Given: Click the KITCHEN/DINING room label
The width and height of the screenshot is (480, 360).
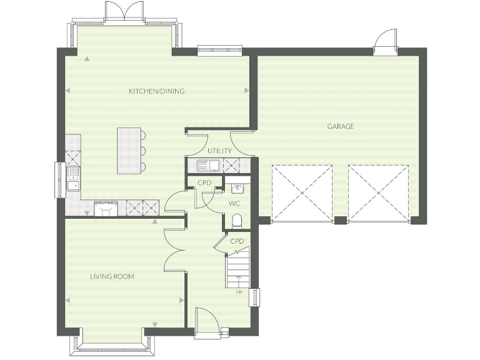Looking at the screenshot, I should (x=156, y=91).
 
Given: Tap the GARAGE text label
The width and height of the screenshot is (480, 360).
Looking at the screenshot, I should (x=341, y=126).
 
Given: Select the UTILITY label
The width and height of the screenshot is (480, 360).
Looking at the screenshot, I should (x=219, y=151).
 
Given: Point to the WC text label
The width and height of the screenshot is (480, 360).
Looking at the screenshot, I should (x=234, y=204).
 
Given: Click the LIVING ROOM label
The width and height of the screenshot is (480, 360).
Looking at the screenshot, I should (x=112, y=276).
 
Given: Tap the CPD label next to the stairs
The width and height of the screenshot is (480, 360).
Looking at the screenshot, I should (x=237, y=241).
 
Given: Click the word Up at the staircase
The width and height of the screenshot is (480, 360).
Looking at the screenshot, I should (x=238, y=291).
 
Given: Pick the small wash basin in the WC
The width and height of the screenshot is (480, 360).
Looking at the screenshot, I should (x=237, y=187).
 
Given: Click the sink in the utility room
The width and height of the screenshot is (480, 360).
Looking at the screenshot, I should (x=206, y=166).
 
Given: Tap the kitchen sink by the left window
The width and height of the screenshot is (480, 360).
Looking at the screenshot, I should (x=73, y=177).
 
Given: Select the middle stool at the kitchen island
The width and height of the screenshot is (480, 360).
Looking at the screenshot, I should (x=143, y=151).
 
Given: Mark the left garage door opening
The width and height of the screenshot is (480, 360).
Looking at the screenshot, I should (x=302, y=192).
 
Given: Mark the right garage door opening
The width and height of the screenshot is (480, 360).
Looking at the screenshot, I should (x=379, y=192).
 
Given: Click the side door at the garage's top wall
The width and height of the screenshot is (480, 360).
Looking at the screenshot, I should (x=384, y=42).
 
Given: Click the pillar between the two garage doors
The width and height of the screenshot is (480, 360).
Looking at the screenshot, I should (x=340, y=220).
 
